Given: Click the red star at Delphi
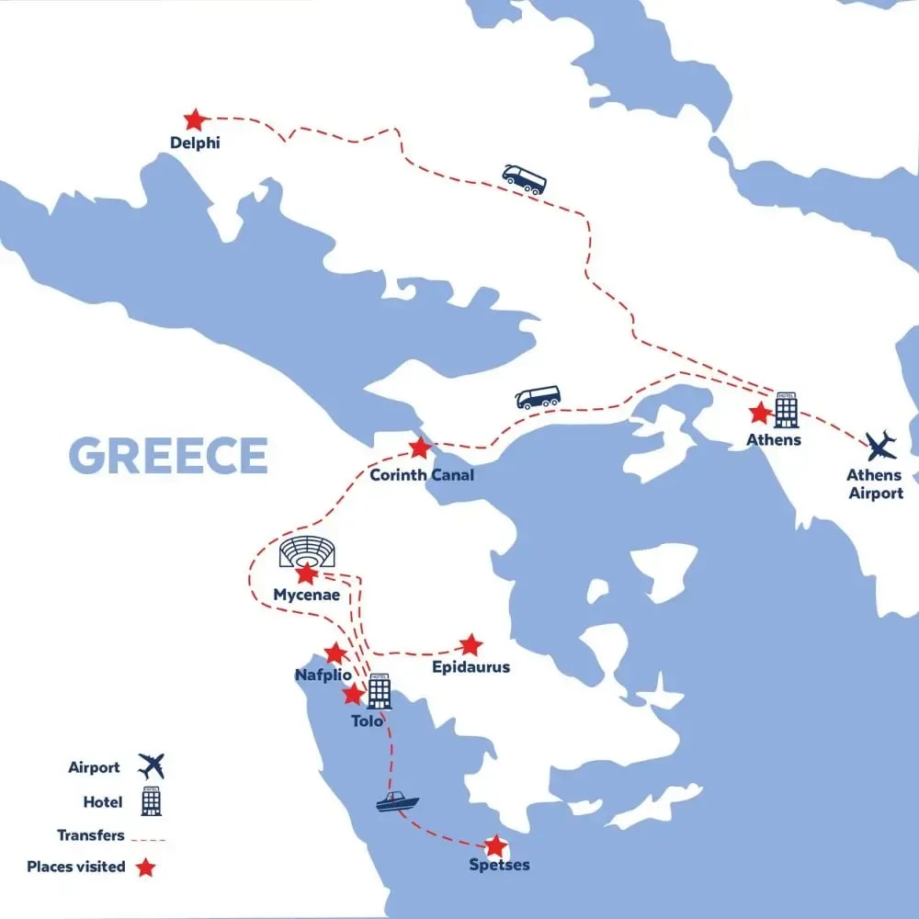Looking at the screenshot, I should click(x=194, y=119).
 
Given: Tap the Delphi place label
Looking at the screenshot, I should click(x=195, y=143).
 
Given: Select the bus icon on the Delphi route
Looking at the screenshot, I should click(x=524, y=178).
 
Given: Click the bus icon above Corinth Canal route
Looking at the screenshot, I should click(x=539, y=397).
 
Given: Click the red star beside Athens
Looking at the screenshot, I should click(x=759, y=413).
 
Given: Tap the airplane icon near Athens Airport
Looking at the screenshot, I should click(x=883, y=446).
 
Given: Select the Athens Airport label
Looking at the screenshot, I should click(x=875, y=484).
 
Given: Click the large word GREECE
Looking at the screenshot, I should click(x=168, y=456).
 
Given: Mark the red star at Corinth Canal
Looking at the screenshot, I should click(x=419, y=448).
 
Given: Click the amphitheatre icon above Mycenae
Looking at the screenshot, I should click(x=307, y=552).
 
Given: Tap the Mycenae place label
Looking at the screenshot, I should click(x=306, y=596).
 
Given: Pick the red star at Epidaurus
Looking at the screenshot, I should click(x=471, y=644).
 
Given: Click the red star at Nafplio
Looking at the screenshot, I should click(x=335, y=653).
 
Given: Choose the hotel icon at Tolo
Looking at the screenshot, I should click(x=379, y=691).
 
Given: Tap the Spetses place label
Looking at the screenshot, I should click(x=498, y=866).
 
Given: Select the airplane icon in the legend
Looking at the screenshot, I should click(x=151, y=766).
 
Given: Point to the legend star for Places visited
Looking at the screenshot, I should click(x=145, y=867).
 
